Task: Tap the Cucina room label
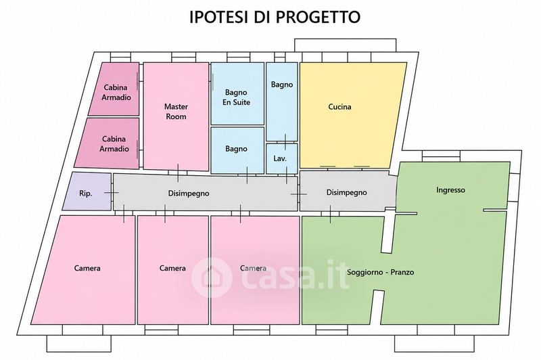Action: click(339, 107)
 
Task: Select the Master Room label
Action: click(176, 111)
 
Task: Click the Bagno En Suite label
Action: click(236, 97)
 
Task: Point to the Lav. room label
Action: click(280, 158)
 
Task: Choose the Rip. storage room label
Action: click(86, 194)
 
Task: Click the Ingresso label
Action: click(450, 190)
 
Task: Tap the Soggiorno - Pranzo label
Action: click(380, 272)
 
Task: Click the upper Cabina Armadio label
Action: click(116, 92)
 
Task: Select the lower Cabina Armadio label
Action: click(114, 143)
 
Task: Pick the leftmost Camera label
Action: click(87, 268)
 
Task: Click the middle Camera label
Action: click(172, 268)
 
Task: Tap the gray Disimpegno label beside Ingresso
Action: click(346, 192)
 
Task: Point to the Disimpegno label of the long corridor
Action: click(189, 194)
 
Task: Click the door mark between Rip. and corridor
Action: click(112, 193)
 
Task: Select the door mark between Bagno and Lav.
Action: click(285, 142)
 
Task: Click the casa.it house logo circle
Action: click(212, 277)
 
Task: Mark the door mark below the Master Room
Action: click(178, 173)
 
